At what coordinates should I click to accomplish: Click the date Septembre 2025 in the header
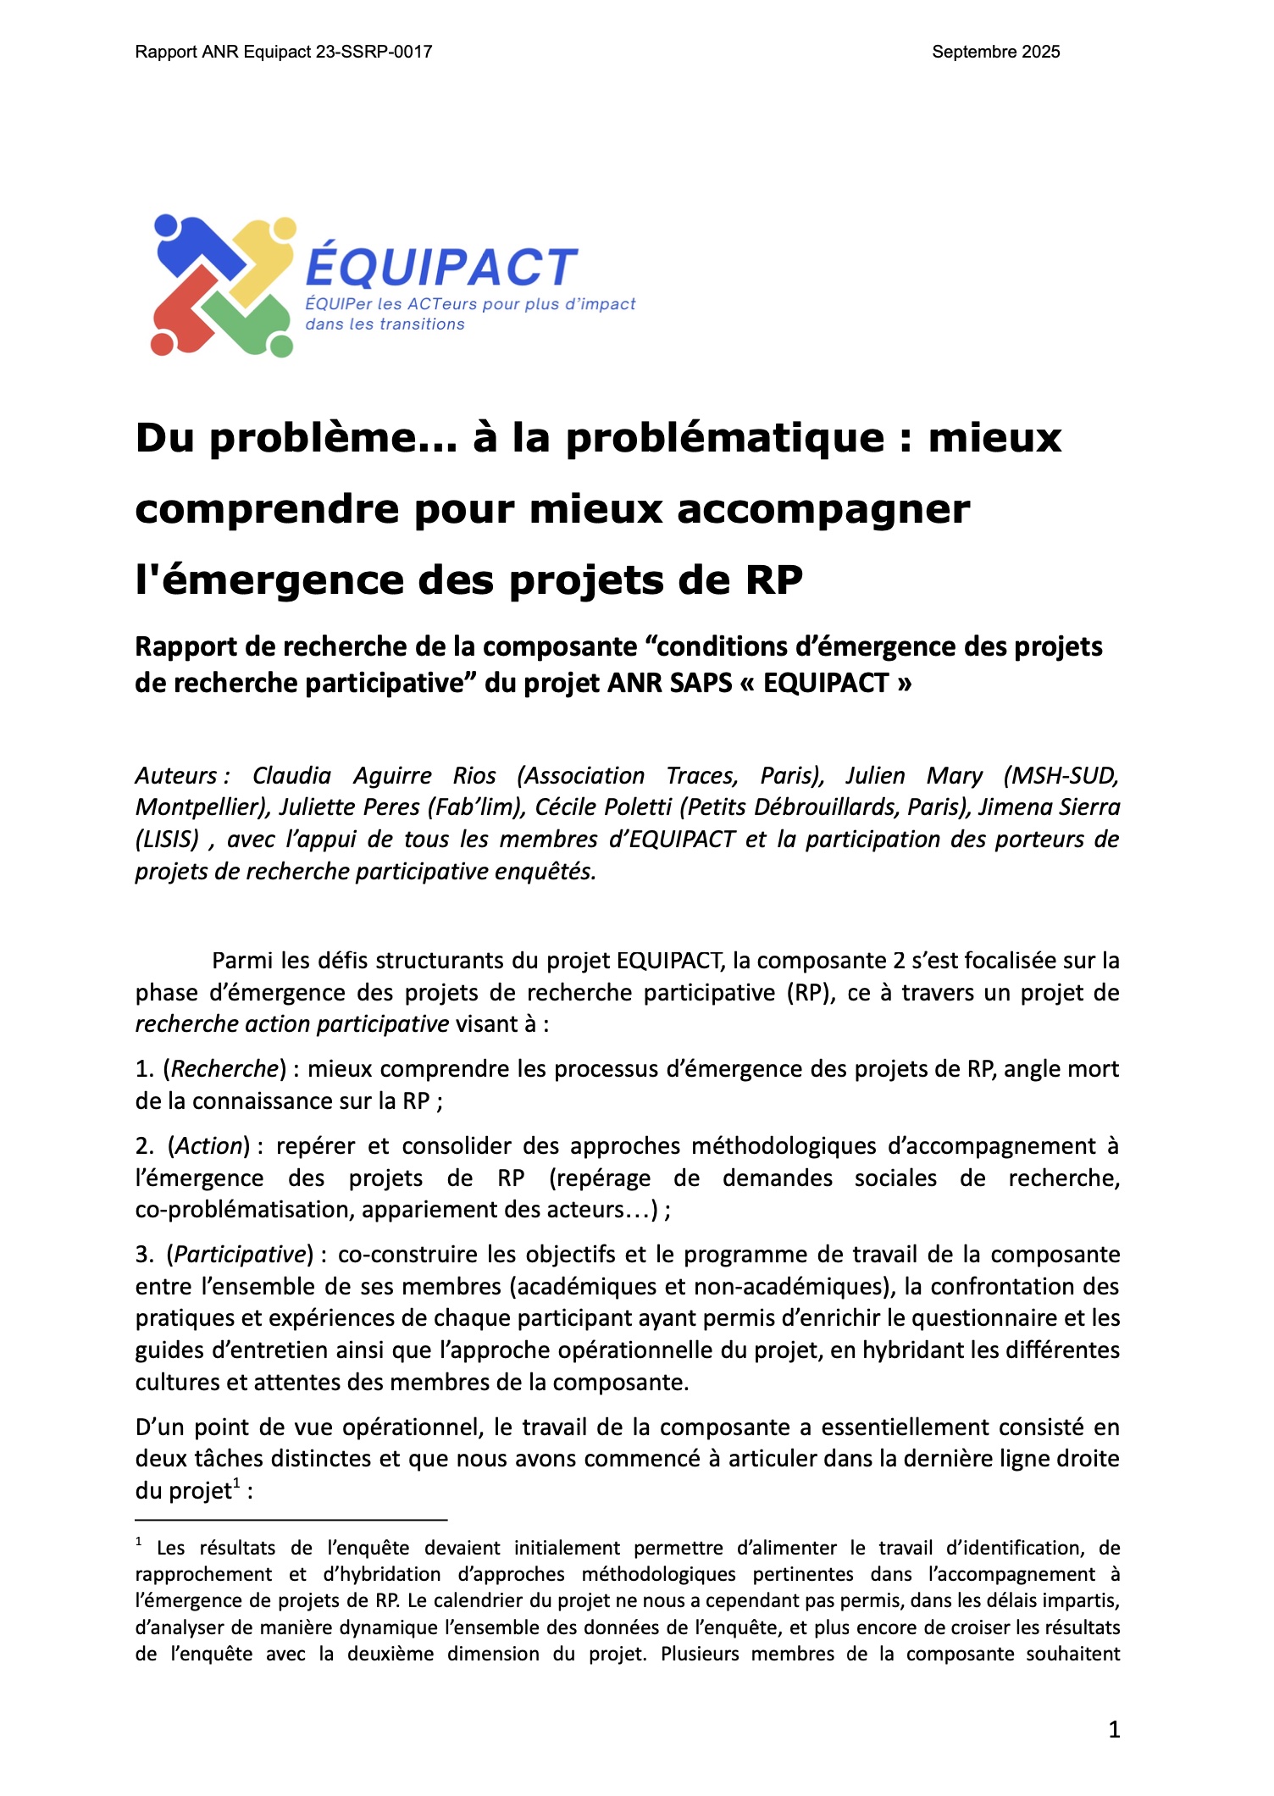[x=995, y=52]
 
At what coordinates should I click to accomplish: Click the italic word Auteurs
[x=180, y=776]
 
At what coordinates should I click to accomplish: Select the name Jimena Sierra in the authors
[x=1049, y=807]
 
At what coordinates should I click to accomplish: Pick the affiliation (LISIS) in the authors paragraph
[x=167, y=840]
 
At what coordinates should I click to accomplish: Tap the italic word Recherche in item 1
[x=224, y=1069]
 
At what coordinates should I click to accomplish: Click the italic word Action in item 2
[x=208, y=1146]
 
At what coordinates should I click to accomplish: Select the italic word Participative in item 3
[x=240, y=1255]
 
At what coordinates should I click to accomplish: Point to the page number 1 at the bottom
[x=1114, y=1729]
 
